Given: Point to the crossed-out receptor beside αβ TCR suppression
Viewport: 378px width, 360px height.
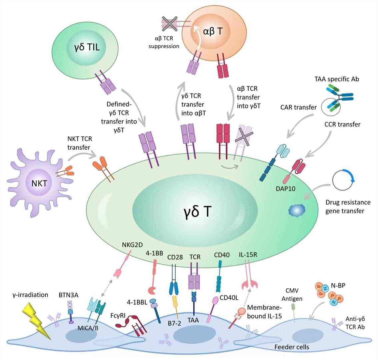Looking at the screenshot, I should [x=170, y=24].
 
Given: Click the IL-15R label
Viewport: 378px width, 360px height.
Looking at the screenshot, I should [x=248, y=255].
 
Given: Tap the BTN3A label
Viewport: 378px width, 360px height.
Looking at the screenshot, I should [x=71, y=295].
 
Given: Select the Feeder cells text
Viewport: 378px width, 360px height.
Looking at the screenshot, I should [x=291, y=347].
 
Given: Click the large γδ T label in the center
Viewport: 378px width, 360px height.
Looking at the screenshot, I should [x=197, y=211].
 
